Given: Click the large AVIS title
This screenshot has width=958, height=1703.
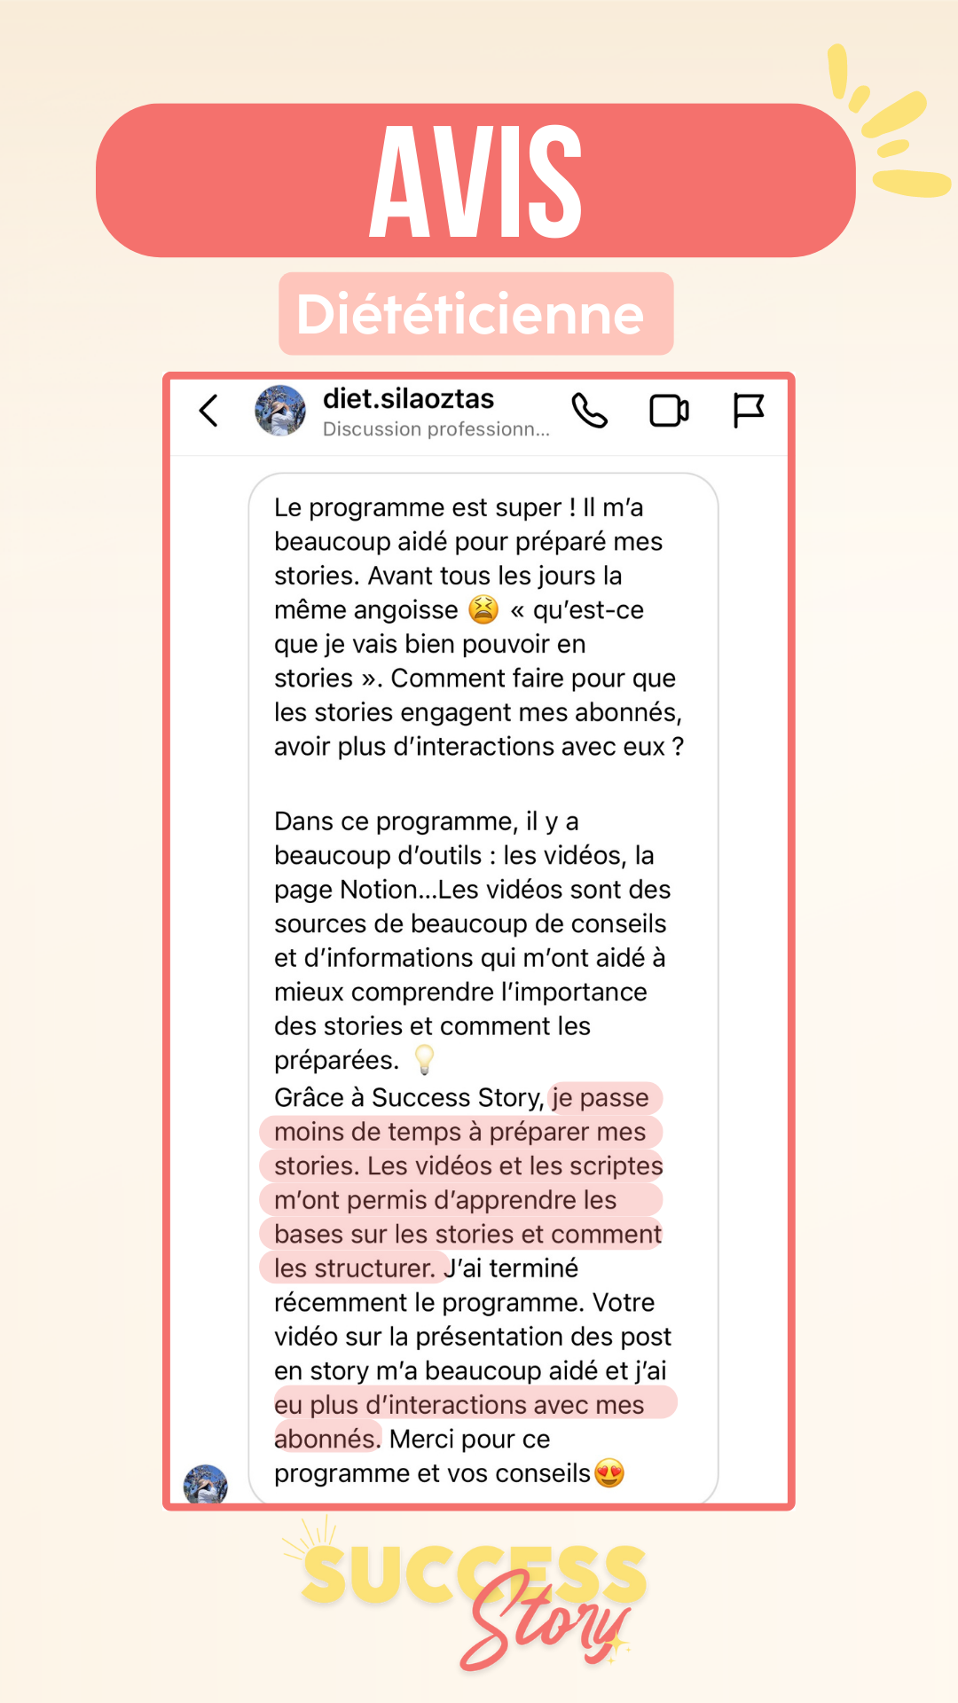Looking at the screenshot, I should click(x=475, y=182).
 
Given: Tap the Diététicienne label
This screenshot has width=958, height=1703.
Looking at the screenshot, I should click(x=471, y=314).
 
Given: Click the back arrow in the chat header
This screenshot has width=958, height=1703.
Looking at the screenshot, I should click(x=208, y=411).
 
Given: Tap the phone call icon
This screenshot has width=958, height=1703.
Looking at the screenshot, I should click(x=590, y=411).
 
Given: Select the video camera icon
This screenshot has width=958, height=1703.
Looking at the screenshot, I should click(x=669, y=411).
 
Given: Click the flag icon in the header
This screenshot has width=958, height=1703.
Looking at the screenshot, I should click(x=748, y=411).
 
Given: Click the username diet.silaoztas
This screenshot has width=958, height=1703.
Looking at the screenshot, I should click(x=408, y=399).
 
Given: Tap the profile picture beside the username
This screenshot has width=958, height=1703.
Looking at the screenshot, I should click(x=280, y=411).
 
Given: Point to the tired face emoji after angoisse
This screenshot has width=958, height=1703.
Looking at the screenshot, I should click(x=483, y=609).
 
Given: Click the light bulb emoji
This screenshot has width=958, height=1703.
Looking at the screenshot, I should click(x=424, y=1059).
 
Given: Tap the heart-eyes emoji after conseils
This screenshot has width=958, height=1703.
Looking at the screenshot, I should click(x=609, y=1473).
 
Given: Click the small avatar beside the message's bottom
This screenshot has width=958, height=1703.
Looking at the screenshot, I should click(x=206, y=1484).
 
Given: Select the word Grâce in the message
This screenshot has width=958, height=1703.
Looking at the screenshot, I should click(x=310, y=1098).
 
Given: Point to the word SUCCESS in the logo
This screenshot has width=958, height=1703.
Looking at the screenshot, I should click(x=474, y=1574).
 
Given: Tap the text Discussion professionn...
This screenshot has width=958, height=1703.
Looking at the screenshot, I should click(x=436, y=429).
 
